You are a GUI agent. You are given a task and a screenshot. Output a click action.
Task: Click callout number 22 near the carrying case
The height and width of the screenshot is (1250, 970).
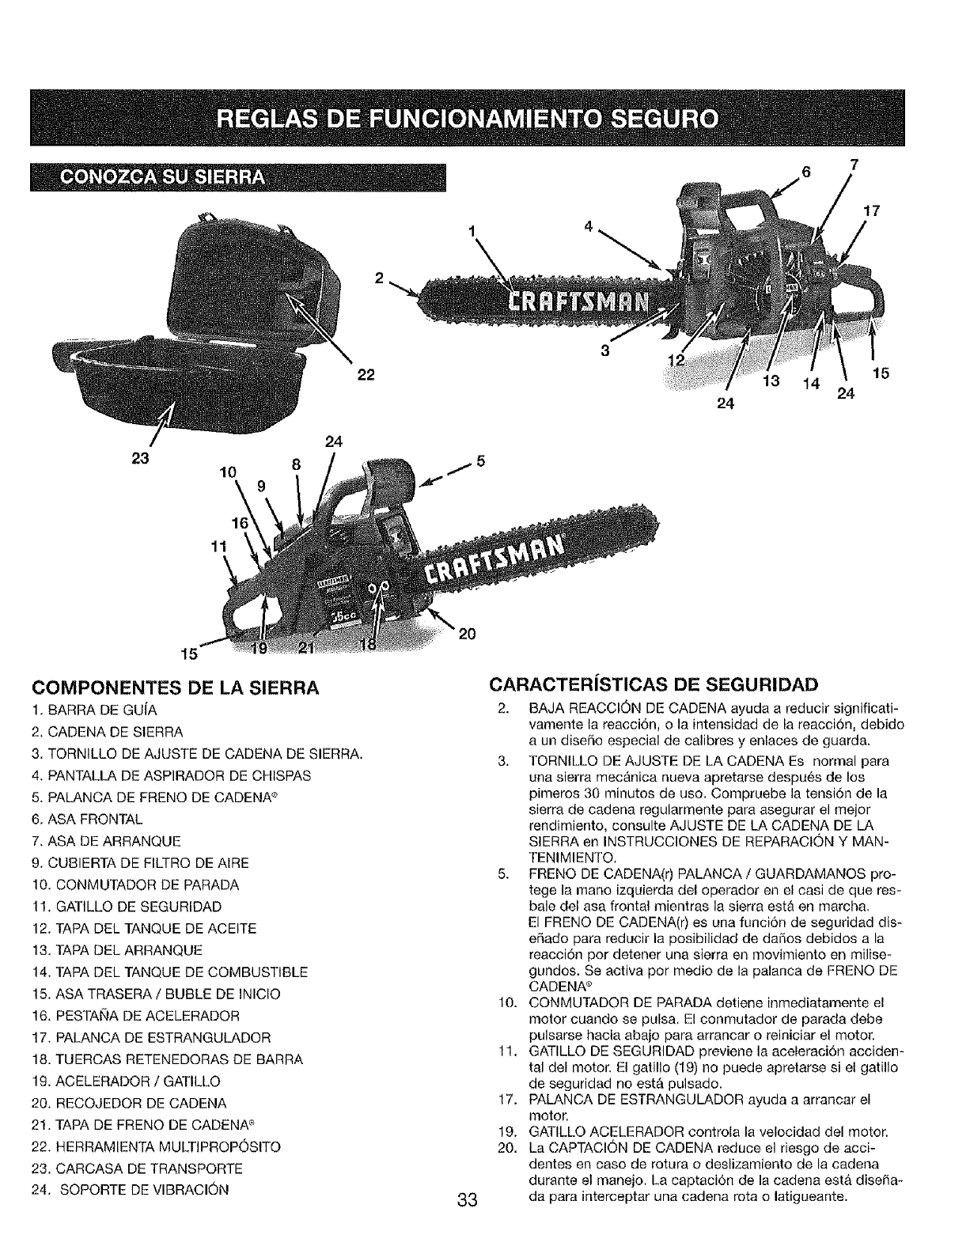click(x=365, y=375)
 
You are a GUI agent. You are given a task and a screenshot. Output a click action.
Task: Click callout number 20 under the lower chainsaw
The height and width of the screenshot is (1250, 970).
click(x=466, y=633)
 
